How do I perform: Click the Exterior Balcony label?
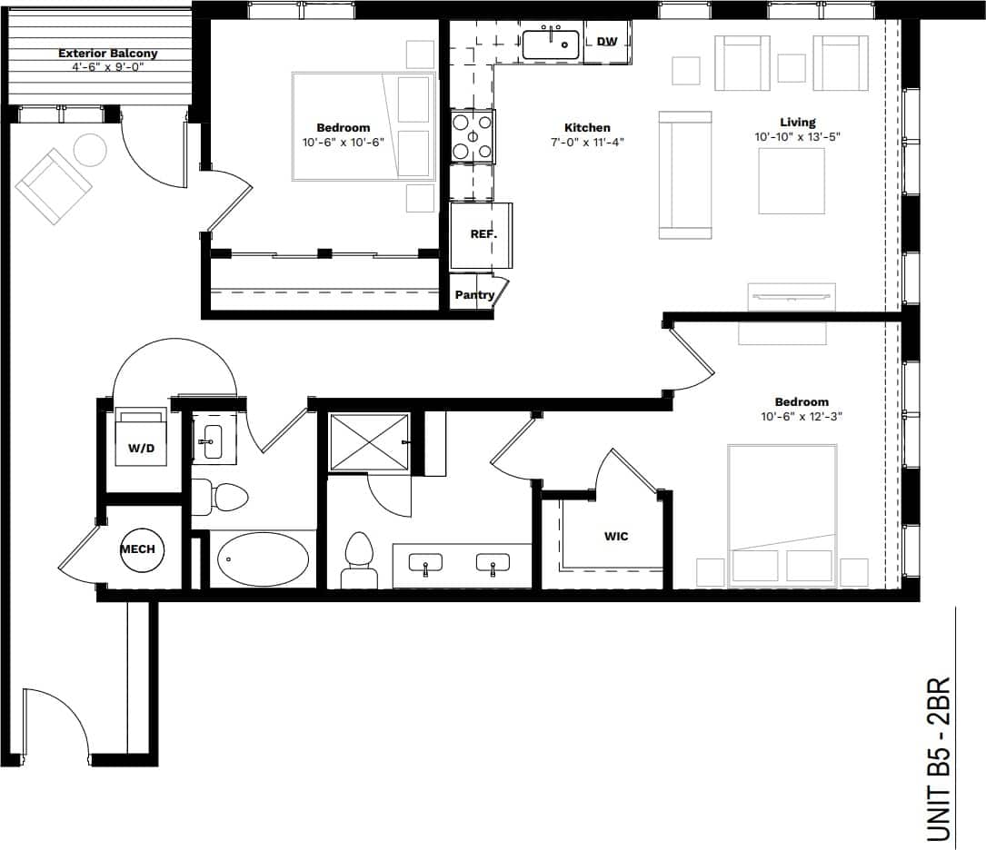(x=107, y=54)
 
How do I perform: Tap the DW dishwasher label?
(x=607, y=42)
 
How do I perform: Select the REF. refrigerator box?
(x=482, y=235)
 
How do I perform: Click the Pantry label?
(x=474, y=295)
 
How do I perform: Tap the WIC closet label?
(x=616, y=537)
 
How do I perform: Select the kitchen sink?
(x=551, y=44)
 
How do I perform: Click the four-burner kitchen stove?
(x=473, y=137)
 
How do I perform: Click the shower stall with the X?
(x=369, y=442)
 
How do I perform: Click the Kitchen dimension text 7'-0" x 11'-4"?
(x=587, y=142)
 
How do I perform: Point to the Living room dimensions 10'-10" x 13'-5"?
(x=797, y=136)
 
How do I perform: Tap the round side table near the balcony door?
(x=90, y=150)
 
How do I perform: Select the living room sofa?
(x=685, y=175)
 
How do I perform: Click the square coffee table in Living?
(x=792, y=181)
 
